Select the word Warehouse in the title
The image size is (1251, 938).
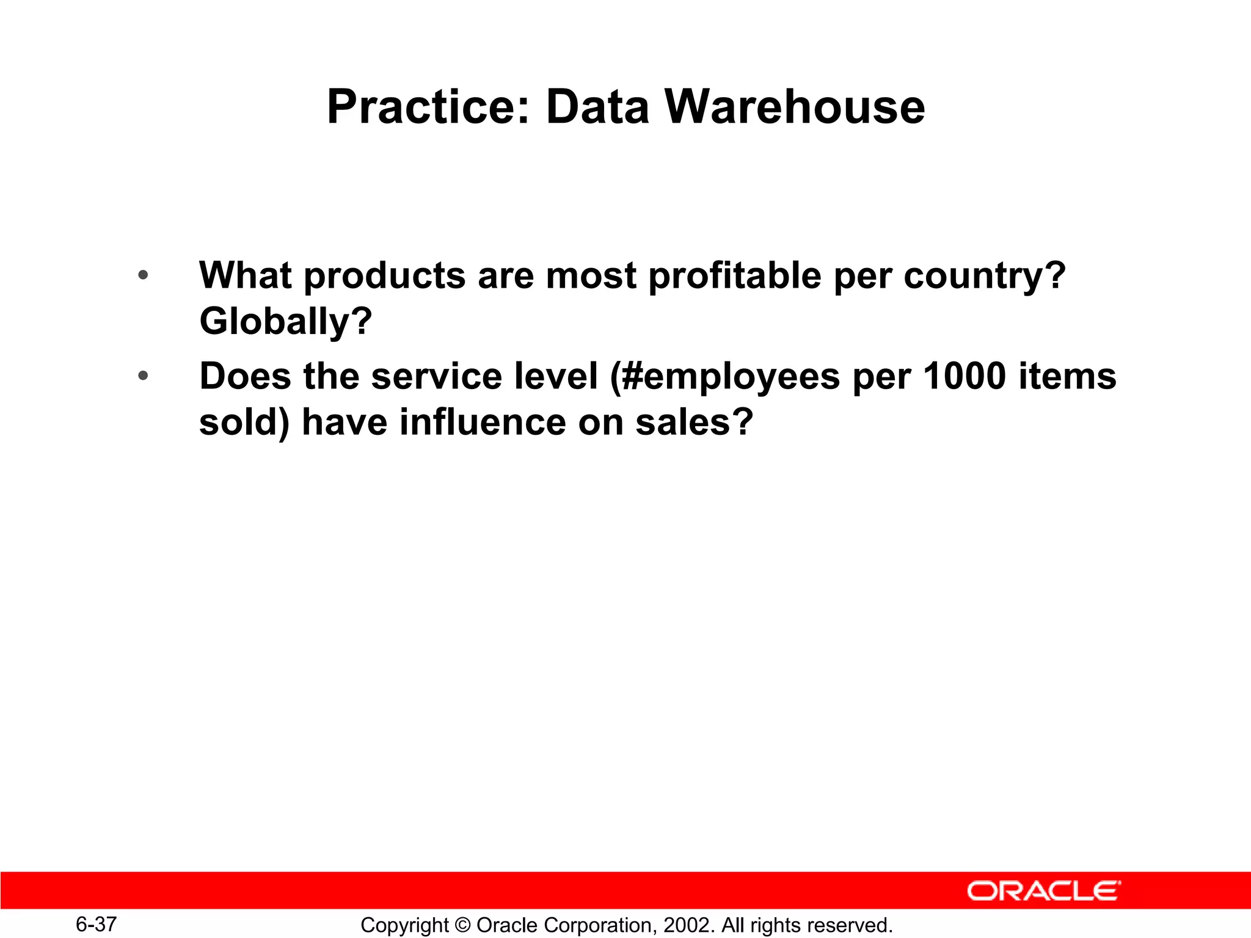tap(794, 107)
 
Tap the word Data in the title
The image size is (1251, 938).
tap(597, 107)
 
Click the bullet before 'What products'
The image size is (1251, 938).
tap(143, 275)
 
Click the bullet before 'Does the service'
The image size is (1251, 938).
tap(143, 376)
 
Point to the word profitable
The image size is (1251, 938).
tap(735, 276)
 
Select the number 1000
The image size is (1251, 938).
tap(965, 376)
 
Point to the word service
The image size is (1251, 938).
tap(437, 376)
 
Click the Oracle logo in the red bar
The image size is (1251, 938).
tap(1043, 891)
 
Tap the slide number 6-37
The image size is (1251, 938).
tap(96, 924)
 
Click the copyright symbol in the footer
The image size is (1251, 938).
tap(462, 925)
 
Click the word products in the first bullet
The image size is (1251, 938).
tap(385, 276)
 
